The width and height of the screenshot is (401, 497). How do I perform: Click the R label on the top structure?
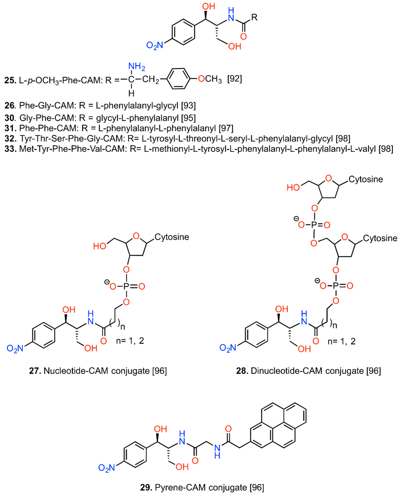(x=255, y=17)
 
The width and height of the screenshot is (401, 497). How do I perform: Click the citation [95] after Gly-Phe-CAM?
(x=188, y=118)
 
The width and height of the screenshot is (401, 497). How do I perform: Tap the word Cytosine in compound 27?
(x=172, y=237)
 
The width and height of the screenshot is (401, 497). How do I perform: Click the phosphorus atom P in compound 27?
(x=126, y=286)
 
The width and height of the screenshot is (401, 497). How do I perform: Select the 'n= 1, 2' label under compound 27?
(x=131, y=340)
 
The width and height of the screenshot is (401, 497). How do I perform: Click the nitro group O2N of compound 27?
(x=16, y=348)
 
